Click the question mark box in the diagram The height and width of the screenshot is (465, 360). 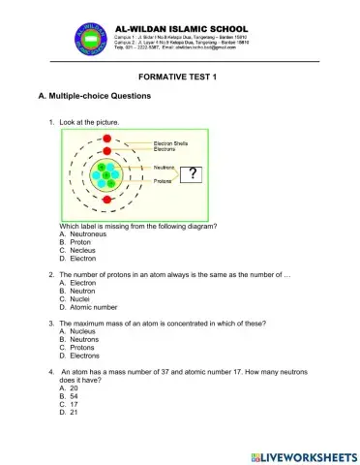click(221, 174)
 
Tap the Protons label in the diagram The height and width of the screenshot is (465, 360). click(163, 181)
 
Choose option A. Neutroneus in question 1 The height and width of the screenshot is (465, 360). click(82, 234)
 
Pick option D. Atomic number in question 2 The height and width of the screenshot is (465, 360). click(88, 306)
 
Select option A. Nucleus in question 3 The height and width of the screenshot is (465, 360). click(77, 331)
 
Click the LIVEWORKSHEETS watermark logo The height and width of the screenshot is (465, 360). click(303, 453)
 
